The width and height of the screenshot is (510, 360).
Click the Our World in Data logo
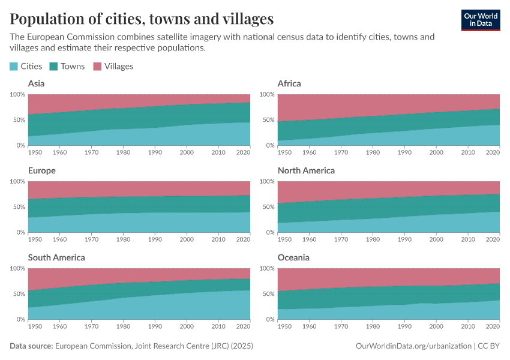[x=480, y=19]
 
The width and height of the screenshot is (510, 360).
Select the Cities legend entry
[x=26, y=66]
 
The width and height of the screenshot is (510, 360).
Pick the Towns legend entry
[x=67, y=66]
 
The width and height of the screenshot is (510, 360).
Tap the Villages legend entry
[x=113, y=66]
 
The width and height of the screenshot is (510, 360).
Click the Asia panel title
[x=36, y=83]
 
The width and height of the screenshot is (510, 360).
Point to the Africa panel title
[x=289, y=83]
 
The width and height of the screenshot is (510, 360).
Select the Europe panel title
[x=42, y=170]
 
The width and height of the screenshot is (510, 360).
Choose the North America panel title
[x=306, y=170]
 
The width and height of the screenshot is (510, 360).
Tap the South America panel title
[x=56, y=257]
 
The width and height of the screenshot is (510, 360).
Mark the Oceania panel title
[x=294, y=257]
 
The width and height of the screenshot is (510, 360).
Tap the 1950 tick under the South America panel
[x=35, y=326]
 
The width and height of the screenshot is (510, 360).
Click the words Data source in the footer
[x=31, y=346]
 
